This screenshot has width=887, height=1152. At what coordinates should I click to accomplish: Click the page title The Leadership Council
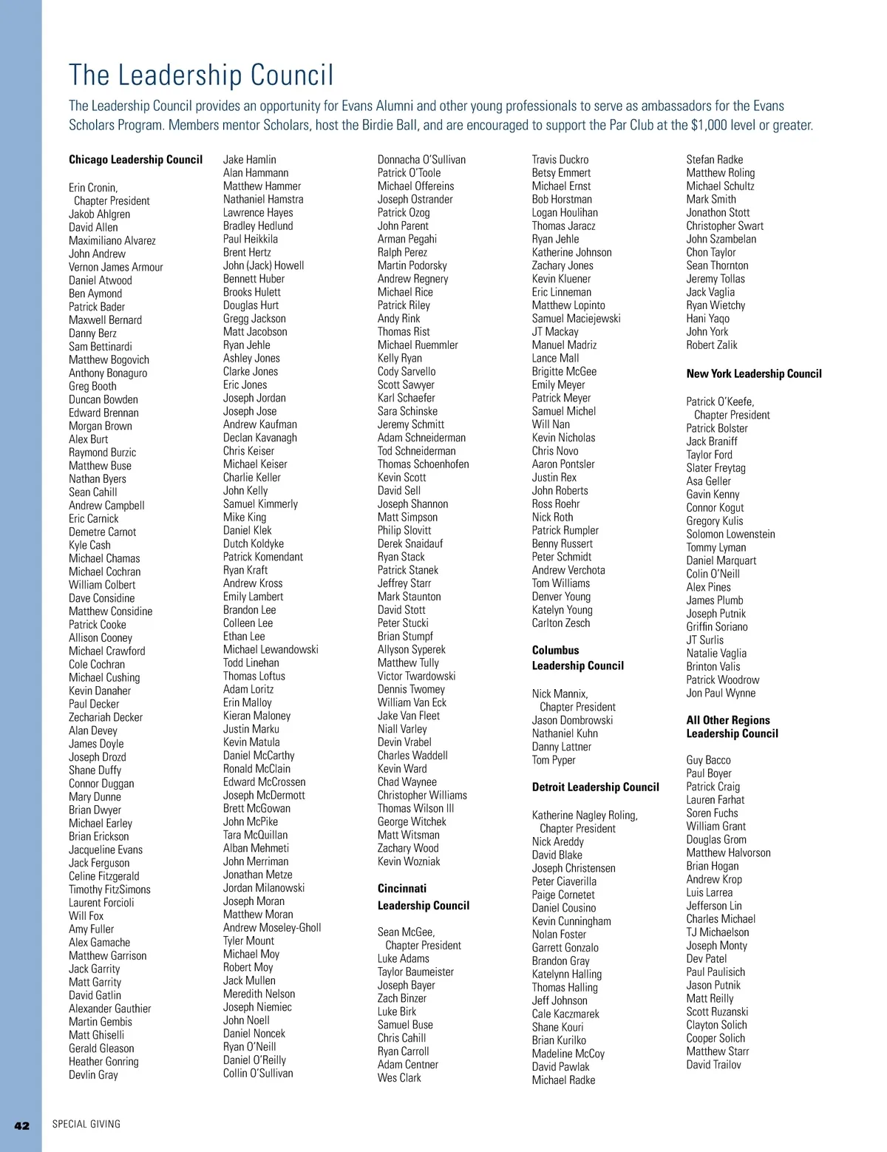[201, 75]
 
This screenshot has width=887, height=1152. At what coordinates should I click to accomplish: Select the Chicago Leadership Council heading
[135, 160]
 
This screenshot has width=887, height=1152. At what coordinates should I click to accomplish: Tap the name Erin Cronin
[93, 188]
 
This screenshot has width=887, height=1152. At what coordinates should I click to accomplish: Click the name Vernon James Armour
[116, 267]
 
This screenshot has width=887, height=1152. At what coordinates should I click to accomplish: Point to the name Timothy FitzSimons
[109, 890]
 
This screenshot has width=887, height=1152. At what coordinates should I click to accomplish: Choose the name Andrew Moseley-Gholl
[272, 928]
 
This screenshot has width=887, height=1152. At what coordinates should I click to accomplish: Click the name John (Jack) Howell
[263, 265]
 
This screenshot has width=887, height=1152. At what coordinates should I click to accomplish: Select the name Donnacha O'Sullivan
[421, 160]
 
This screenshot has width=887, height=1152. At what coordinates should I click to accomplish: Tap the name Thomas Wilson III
[415, 808]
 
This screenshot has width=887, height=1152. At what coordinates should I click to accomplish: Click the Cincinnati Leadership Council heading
[423, 897]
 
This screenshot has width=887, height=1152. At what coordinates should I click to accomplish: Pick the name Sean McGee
[406, 932]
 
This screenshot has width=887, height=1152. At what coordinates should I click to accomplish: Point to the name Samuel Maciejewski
[576, 319]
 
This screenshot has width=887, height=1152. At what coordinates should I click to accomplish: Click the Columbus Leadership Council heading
[577, 658]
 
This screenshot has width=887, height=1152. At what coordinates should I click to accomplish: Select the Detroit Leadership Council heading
[595, 787]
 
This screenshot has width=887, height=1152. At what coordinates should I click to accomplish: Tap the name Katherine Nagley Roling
[584, 816]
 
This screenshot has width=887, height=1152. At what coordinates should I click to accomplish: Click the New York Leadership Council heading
[753, 374]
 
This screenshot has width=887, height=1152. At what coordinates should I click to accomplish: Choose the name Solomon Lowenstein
[730, 534]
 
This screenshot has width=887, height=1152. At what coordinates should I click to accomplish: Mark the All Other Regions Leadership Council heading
[732, 727]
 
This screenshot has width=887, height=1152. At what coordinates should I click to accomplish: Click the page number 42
[22, 1125]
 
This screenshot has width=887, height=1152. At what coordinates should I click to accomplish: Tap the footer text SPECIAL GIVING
[86, 1125]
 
